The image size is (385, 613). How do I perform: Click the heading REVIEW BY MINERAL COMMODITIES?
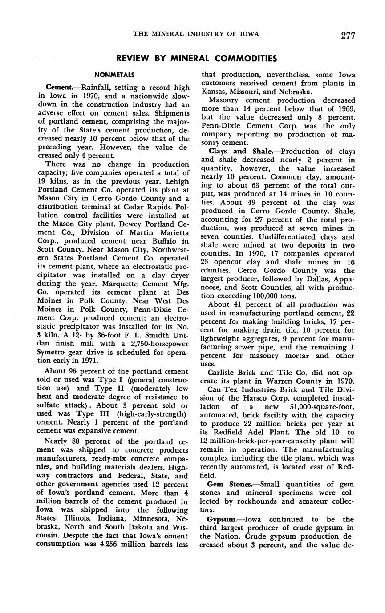coord(196,59)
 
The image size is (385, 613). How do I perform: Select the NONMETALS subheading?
coord(114,75)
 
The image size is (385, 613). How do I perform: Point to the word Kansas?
coord(214,92)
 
